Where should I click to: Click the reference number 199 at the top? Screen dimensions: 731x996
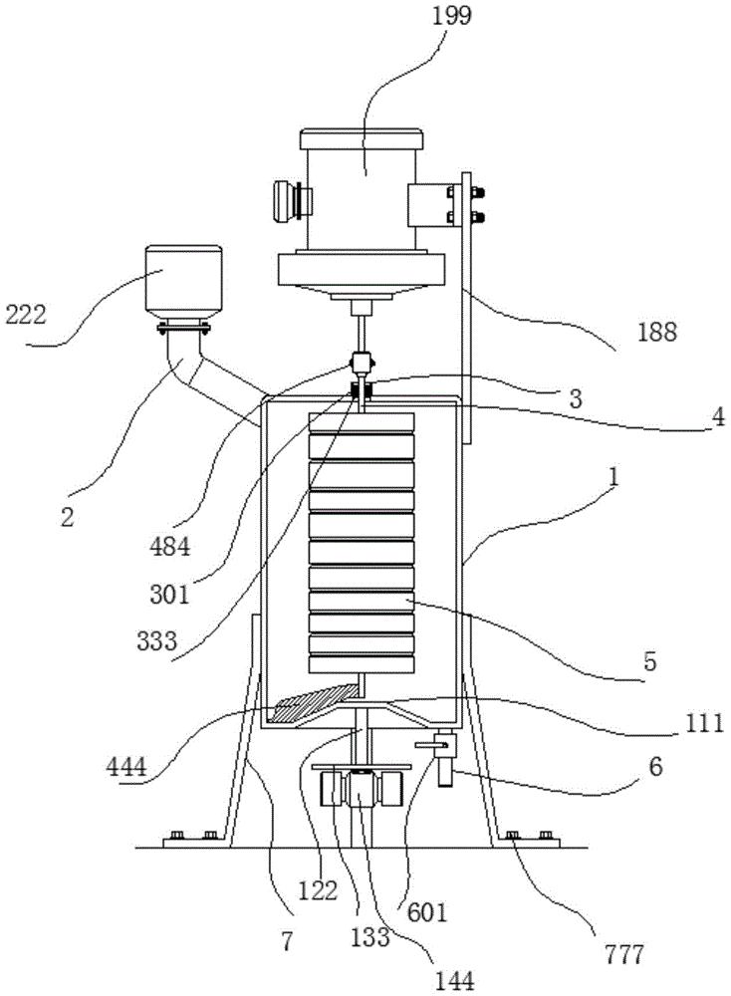click(x=452, y=15)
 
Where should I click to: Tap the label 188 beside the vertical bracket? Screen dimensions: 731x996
click(x=656, y=332)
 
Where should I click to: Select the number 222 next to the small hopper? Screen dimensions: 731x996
click(x=26, y=314)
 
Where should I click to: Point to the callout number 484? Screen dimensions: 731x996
click(x=169, y=546)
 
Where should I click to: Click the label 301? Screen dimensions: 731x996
click(x=169, y=595)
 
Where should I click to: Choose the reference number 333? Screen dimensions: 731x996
click(x=157, y=640)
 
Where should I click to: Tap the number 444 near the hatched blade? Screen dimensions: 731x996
click(x=126, y=767)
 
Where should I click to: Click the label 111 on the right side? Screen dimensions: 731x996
click(x=704, y=723)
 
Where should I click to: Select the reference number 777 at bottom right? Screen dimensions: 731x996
click(x=623, y=954)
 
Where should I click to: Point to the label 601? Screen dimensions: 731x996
click(x=427, y=912)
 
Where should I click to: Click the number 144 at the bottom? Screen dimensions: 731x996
click(x=455, y=981)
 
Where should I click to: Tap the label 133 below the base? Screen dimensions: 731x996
click(x=370, y=936)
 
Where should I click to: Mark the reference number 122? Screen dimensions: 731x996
click(x=318, y=890)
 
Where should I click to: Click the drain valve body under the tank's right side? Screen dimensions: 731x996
click(x=444, y=758)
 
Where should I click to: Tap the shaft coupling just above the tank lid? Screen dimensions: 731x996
click(x=362, y=364)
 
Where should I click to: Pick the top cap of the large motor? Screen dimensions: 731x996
click(x=362, y=138)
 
